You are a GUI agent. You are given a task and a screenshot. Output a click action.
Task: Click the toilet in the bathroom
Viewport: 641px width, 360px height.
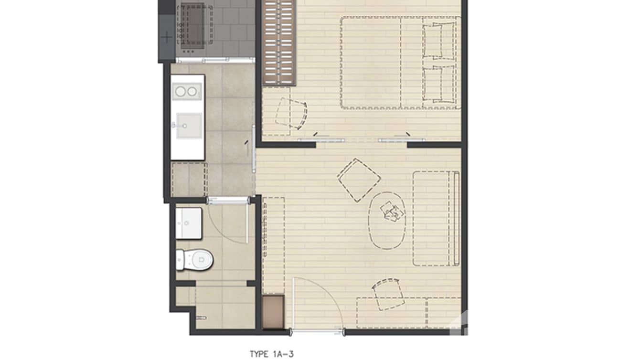click(195, 260)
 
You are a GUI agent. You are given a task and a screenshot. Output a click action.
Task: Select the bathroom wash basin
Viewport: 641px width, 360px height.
click(189, 222)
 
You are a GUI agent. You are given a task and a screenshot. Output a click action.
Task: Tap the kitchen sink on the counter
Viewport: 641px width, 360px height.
click(188, 126)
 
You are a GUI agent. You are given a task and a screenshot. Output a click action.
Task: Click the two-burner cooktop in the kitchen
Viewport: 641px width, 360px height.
click(186, 91)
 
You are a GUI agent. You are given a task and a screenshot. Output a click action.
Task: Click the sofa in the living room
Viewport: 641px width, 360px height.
click(436, 218)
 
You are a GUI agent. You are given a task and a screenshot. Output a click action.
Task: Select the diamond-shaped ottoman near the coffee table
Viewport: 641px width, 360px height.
click(359, 180)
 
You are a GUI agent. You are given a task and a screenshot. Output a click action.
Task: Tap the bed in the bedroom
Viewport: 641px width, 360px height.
click(400, 63)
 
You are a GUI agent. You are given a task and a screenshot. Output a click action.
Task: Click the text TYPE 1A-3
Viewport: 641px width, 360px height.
click(271, 354)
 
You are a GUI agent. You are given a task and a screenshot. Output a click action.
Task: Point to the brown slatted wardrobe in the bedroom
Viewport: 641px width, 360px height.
click(279, 42)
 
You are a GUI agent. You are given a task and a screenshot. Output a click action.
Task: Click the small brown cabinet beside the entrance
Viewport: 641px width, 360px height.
click(273, 312)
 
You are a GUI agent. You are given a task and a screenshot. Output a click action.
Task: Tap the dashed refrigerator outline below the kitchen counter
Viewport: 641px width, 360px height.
click(189, 179)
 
